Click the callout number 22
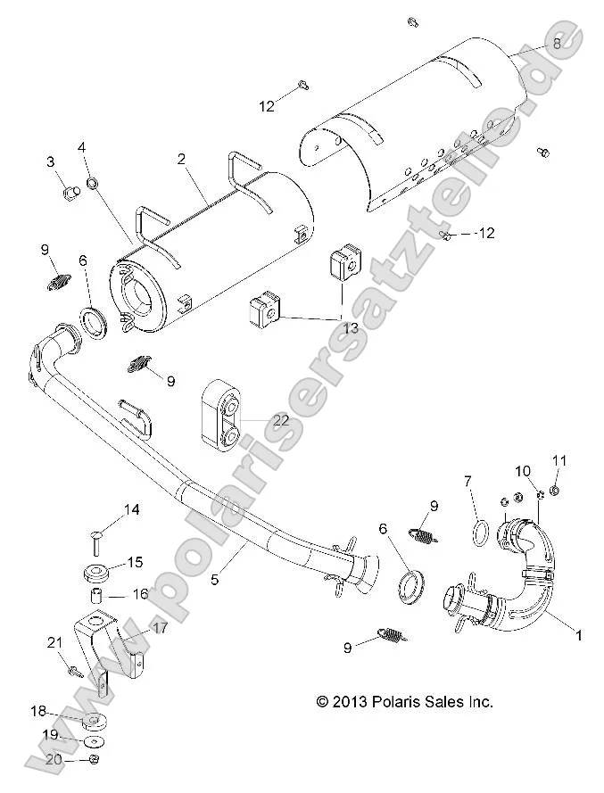tap(280, 420)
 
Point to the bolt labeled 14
tap(98, 536)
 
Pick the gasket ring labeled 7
tap(478, 533)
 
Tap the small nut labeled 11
tap(555, 490)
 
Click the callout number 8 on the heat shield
tap(556, 43)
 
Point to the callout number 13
tap(351, 328)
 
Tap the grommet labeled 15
tap(98, 571)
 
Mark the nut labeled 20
tap(95, 759)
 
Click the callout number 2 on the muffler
tap(181, 161)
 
